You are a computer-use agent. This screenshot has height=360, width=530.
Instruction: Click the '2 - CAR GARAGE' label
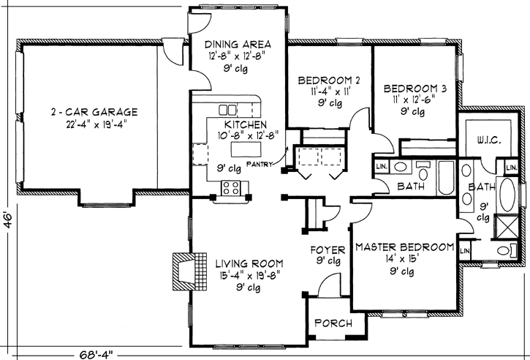pyautogui.click(x=94, y=112)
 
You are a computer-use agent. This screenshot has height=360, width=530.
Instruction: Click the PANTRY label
pyautogui.click(x=259, y=164)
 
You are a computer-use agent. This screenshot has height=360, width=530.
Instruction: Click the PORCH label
pyautogui.click(x=333, y=323)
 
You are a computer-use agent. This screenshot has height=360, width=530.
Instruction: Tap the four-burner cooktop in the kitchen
pyautogui.click(x=232, y=187)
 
